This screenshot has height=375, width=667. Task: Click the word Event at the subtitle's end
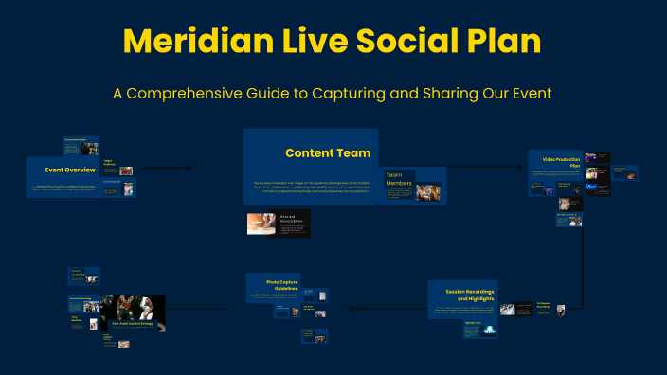(x=532, y=94)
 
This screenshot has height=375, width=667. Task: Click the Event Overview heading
(x=70, y=170)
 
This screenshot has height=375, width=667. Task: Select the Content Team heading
(x=327, y=153)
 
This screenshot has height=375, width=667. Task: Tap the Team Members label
(x=399, y=180)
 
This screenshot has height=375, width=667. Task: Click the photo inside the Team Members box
(x=427, y=192)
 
